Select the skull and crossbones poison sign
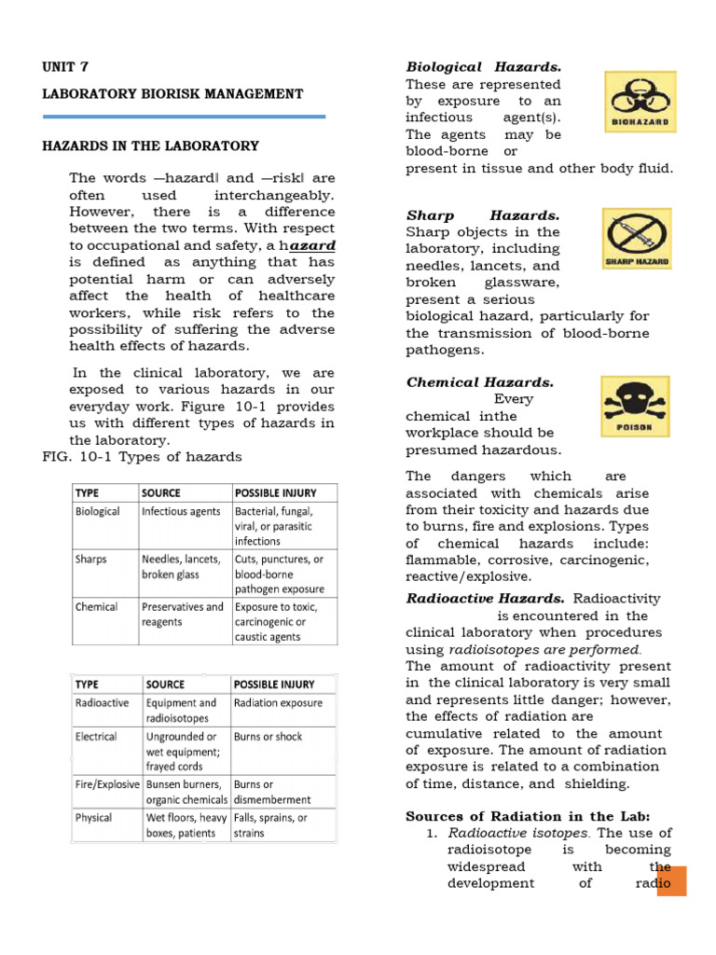tap(634, 407)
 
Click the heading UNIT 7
tap(65, 67)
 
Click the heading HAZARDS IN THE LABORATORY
tap(150, 146)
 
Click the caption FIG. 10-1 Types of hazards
tap(143, 457)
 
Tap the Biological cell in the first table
tap(97, 511)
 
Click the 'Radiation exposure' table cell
tap(278, 703)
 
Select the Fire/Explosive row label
tap(107, 784)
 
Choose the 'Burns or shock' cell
tap(268, 737)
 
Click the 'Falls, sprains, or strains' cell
tap(270, 825)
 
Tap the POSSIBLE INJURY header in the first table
tap(275, 491)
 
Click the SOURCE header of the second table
tap(165, 685)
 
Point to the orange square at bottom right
tap(671, 881)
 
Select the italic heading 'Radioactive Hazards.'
tap(485, 599)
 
